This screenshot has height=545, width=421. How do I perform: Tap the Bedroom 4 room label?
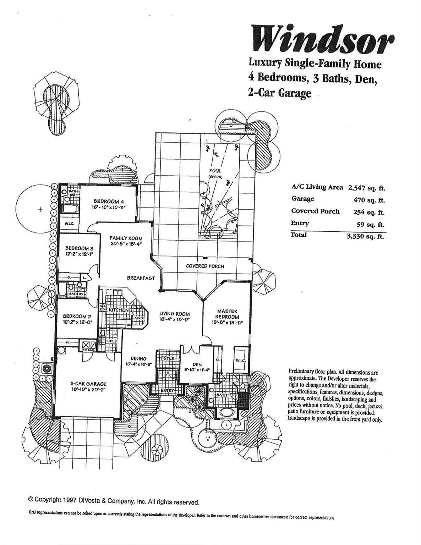click(106, 202)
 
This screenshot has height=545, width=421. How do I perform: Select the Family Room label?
click(126, 238)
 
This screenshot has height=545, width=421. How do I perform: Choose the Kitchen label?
click(119, 310)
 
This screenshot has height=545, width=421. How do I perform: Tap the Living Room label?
click(174, 314)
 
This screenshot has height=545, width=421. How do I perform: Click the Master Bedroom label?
click(227, 314)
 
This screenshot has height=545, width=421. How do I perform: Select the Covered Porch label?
click(205, 266)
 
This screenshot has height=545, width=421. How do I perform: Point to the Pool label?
click(215, 171)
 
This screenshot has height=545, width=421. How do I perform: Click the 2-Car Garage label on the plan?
click(88, 384)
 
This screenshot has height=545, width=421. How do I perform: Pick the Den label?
click(197, 364)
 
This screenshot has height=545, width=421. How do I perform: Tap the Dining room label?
click(138, 359)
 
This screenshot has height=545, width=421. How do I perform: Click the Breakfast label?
click(141, 278)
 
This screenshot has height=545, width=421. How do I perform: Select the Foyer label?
click(168, 358)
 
